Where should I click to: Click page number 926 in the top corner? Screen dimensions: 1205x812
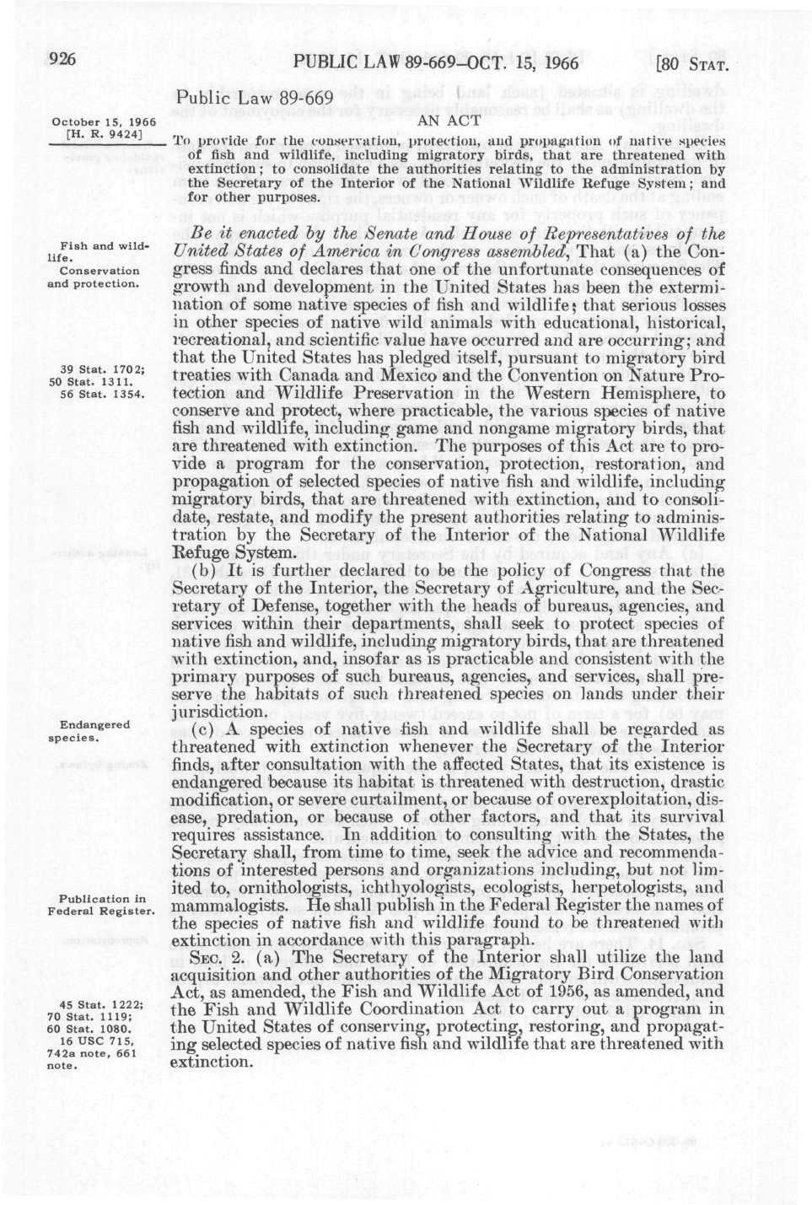coord(62,59)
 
